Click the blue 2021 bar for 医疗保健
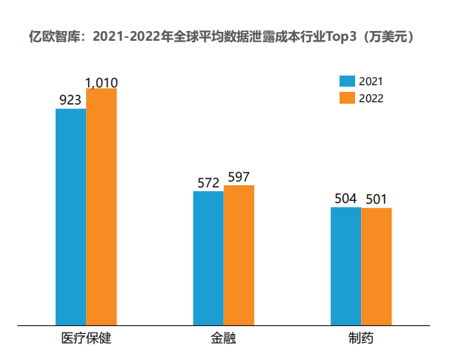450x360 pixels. coord(70,216)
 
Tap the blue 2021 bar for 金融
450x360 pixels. coord(208,258)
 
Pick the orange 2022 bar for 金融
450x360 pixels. coord(239,255)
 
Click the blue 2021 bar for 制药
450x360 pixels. coord(345,266)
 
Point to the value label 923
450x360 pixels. coord(70,99)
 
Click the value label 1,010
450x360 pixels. coord(102,83)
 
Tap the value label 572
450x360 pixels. coord(208,182)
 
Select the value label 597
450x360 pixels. coord(239,177)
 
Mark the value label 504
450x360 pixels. coord(345,199)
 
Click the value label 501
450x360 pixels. coord(377,199)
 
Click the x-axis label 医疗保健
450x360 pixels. coord(86,339)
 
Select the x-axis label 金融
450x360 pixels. coord(223,339)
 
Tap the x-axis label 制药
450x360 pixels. coord(361,339)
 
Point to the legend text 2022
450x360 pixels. coord(371,99)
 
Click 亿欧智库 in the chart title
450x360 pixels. coord(53,35)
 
